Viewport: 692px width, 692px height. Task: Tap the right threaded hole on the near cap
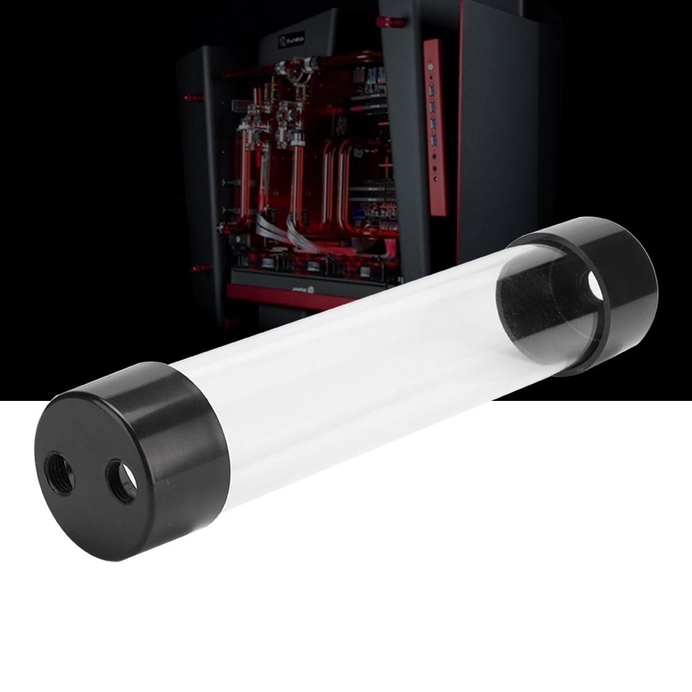[x=121, y=480]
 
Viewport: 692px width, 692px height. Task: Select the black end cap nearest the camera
[x=131, y=457]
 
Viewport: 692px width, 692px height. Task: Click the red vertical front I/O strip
[x=434, y=124]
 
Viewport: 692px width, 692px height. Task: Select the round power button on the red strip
[x=431, y=68]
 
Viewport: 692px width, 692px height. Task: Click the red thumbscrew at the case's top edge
[x=391, y=22]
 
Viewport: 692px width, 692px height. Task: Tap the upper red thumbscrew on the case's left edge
[x=194, y=97]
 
